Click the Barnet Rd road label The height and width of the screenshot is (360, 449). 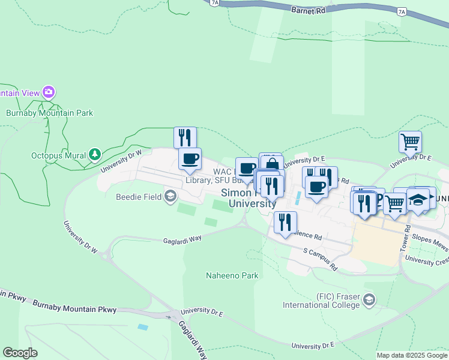click(308, 10)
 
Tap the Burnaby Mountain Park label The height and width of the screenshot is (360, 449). click(49, 113)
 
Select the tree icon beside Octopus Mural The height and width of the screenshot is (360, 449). click(94, 155)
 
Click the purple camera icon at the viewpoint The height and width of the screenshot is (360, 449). click(48, 92)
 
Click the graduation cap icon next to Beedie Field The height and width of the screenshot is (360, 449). click(170, 196)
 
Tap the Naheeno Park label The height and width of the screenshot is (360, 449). click(232, 276)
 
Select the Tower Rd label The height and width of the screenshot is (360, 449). click(406, 238)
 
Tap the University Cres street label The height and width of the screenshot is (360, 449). click(427, 260)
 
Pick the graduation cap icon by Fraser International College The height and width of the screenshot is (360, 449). click(369, 299)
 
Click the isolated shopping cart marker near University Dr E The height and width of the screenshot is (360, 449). click(410, 142)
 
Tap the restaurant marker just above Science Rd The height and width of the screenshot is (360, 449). click(285, 222)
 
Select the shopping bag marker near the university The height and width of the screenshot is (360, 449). click(272, 163)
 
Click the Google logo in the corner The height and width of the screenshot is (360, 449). click(20, 353)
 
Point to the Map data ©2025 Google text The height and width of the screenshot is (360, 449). click(412, 355)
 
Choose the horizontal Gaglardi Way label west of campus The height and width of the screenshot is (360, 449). click(182, 240)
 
